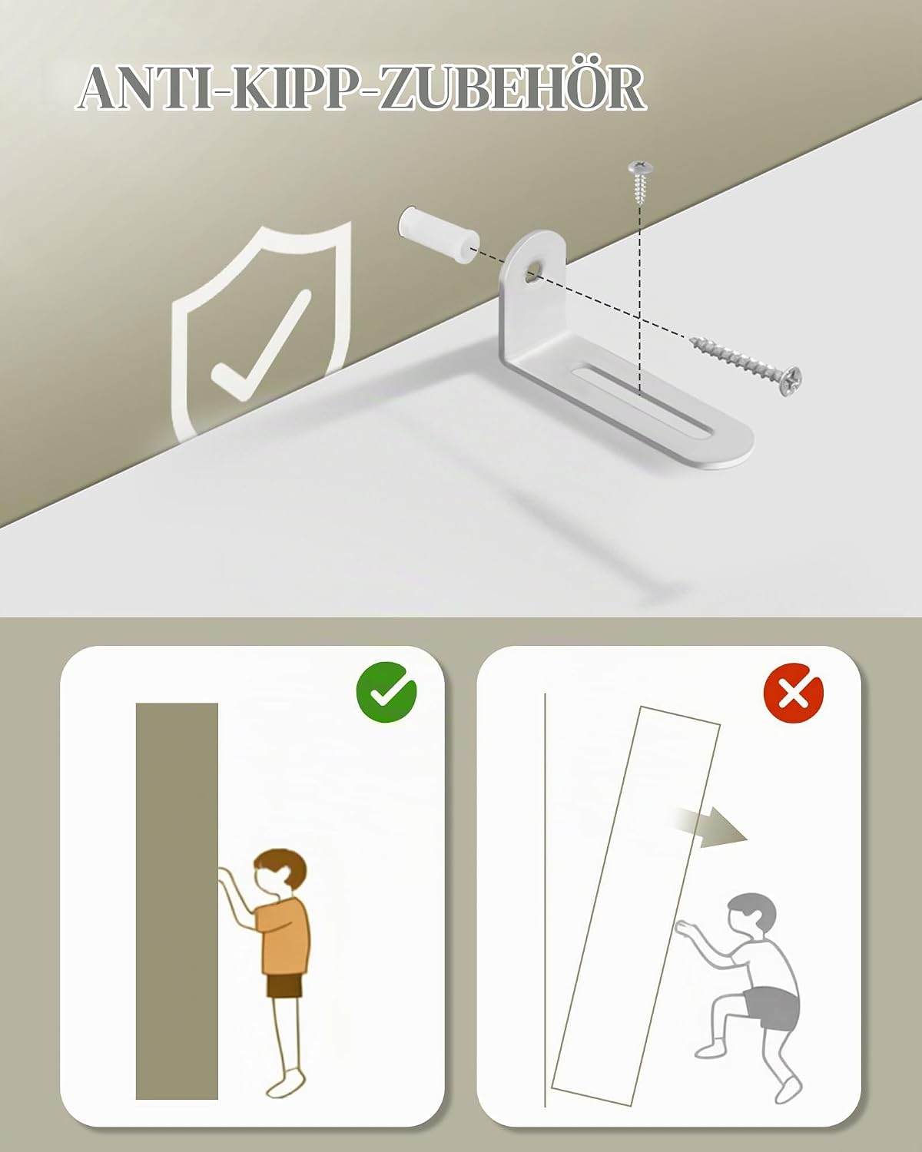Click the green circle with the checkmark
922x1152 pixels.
coord(386,692)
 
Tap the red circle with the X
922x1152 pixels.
coord(794,692)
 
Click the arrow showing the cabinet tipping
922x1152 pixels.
coord(710,827)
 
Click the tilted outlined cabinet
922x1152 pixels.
coord(636,905)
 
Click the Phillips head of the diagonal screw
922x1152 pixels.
coord(791,381)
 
